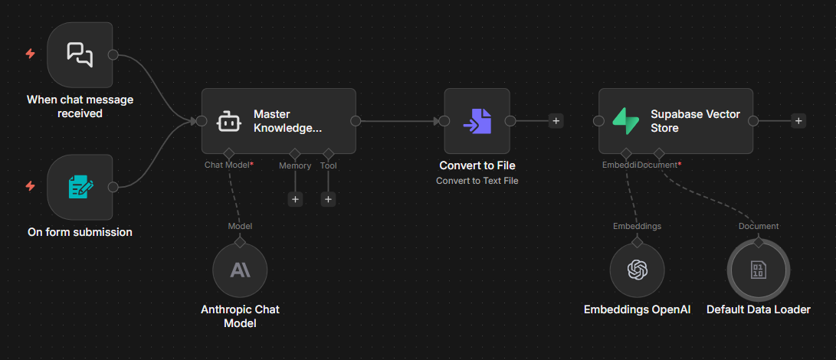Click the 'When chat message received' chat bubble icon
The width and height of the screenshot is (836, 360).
pyautogui.click(x=80, y=54)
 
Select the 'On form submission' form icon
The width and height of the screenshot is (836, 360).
pyautogui.click(x=80, y=186)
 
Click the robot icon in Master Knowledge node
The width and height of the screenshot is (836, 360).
pyautogui.click(x=228, y=121)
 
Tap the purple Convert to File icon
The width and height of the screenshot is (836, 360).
pyautogui.click(x=477, y=121)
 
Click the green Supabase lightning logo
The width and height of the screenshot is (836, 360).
pyautogui.click(x=625, y=121)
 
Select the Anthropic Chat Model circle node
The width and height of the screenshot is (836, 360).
pyautogui.click(x=240, y=270)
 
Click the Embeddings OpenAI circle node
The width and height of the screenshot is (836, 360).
pyautogui.click(x=637, y=270)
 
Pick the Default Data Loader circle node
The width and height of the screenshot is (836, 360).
pyautogui.click(x=758, y=270)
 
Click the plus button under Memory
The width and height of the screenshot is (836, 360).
pyautogui.click(x=295, y=199)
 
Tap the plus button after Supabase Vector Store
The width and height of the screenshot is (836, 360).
pyautogui.click(x=798, y=120)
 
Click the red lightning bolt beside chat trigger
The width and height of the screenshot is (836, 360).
pyautogui.click(x=30, y=54)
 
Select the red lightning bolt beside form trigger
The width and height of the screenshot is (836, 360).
pyautogui.click(x=30, y=185)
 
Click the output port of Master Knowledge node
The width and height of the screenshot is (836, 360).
pyautogui.click(x=356, y=120)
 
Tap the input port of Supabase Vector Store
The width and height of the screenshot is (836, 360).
pyautogui.click(x=598, y=120)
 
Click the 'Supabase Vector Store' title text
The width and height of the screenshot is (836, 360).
pyautogui.click(x=695, y=121)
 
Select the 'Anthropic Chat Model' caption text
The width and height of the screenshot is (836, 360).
pyautogui.click(x=240, y=316)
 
